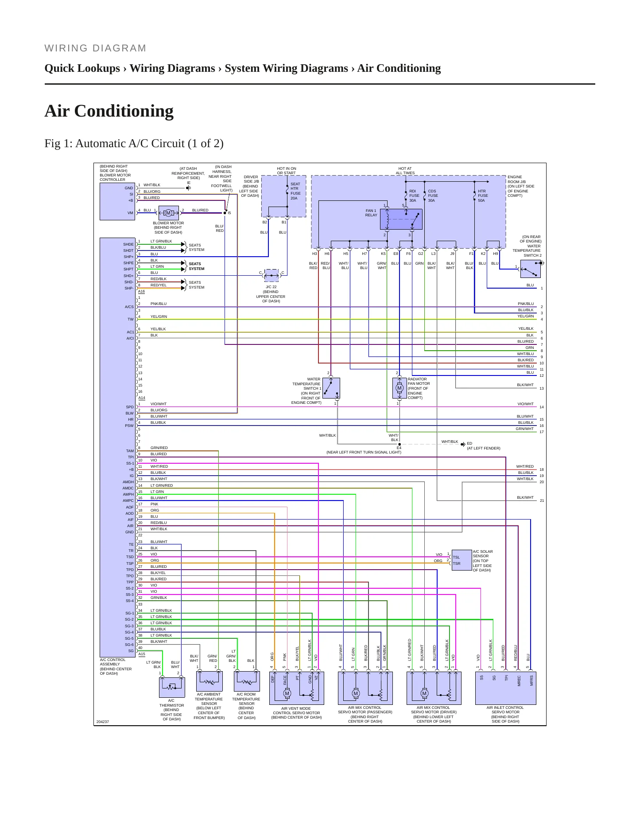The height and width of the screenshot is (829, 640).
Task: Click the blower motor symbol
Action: (168, 213)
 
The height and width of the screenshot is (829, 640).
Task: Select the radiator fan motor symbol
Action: (399, 388)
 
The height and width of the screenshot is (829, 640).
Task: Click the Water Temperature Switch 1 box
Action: (331, 388)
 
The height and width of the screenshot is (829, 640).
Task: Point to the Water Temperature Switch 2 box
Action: (531, 269)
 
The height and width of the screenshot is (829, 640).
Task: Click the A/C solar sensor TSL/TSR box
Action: (462, 560)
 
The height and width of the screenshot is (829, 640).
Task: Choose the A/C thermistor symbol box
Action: (171, 688)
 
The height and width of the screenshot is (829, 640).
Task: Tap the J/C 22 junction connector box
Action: (272, 275)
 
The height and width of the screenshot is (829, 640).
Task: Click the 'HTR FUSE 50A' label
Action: (483, 196)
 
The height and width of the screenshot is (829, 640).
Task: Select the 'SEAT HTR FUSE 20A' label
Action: (295, 191)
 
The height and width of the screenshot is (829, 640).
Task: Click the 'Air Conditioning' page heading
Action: (109, 111)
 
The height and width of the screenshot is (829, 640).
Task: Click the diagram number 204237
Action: (103, 722)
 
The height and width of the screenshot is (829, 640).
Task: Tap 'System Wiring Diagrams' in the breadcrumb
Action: (286, 68)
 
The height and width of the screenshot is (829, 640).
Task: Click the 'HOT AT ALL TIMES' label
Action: (405, 171)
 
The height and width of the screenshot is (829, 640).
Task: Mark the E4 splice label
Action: (399, 448)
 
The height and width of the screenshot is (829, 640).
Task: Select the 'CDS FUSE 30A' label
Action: (432, 196)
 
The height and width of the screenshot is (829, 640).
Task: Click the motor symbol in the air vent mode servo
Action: (287, 693)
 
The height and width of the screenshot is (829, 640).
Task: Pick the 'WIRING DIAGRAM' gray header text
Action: (95, 48)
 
